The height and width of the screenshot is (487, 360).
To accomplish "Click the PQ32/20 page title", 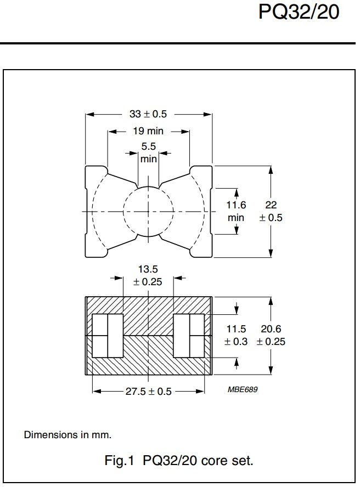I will [x=299, y=13].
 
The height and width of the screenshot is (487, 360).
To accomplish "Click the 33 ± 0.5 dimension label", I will [x=148, y=115].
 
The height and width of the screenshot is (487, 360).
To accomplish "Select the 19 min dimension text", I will [x=148, y=132].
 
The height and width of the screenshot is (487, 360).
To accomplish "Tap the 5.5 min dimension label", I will [x=149, y=153].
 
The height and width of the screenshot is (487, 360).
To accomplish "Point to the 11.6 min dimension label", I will [x=236, y=211].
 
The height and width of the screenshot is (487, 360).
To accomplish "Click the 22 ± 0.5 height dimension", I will [x=271, y=211].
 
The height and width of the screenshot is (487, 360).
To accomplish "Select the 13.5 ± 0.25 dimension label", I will [x=148, y=275].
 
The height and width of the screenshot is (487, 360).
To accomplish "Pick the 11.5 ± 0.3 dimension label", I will [x=236, y=335].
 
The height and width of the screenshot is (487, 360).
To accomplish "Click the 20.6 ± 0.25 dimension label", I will [x=273, y=335].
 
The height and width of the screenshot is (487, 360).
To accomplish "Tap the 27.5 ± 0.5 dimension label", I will [x=149, y=392].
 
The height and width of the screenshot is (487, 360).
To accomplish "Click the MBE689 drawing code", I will [x=243, y=390].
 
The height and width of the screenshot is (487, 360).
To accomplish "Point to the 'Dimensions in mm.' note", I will [x=67, y=435].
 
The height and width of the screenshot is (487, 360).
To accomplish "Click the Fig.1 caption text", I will [x=179, y=461].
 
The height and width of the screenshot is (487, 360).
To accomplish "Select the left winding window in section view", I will [x=108, y=335].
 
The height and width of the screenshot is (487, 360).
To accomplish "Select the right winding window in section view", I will [x=189, y=335].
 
